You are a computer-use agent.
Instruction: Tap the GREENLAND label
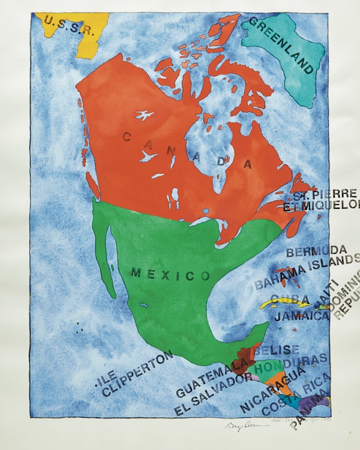click(x=281, y=45)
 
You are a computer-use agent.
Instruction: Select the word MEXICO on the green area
click(x=171, y=275)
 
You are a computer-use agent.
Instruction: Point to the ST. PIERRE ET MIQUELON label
click(x=324, y=200)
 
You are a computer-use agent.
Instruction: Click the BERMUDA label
click(x=316, y=251)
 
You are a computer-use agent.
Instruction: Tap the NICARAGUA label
click(x=272, y=390)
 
